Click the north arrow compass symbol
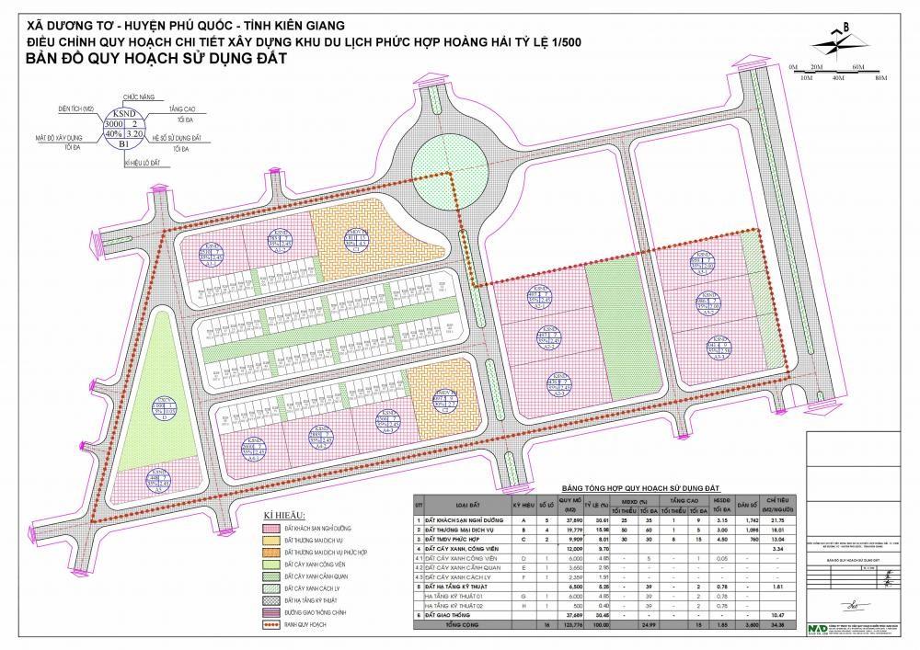834,40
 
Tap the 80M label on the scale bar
880,80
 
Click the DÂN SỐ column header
747,505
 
